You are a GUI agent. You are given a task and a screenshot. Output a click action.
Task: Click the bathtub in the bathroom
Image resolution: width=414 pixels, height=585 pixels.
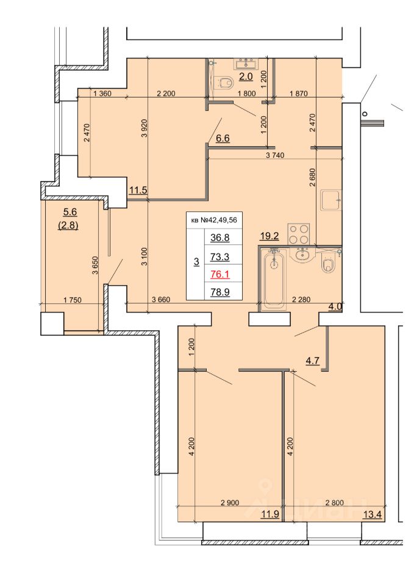coord(274,279)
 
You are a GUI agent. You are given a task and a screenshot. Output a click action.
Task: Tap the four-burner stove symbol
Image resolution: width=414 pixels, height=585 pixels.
coord(299,233)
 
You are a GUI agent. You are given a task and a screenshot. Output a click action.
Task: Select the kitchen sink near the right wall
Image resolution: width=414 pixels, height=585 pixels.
coord(331,200)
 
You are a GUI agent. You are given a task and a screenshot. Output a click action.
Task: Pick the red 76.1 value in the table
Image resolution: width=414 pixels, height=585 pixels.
coord(220,275)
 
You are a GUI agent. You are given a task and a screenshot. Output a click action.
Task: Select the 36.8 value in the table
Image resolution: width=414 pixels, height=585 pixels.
coord(220,238)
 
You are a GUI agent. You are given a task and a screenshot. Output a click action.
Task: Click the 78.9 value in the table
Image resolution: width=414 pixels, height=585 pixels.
coord(220,292)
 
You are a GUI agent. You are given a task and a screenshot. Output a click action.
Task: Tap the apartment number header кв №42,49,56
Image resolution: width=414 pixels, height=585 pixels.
coord(214,220)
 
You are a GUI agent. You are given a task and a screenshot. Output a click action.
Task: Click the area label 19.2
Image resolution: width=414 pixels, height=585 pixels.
coord(269,236)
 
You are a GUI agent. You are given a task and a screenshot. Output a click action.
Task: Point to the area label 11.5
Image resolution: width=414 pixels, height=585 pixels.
coord(138,190)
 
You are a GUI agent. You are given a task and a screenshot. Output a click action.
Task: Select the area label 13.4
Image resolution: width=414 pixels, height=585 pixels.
coord(373,516)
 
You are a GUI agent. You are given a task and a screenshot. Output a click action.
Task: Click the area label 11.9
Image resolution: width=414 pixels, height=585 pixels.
coord(270,515)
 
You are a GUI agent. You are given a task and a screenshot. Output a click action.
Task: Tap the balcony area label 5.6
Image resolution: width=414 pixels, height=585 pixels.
coord(70,212)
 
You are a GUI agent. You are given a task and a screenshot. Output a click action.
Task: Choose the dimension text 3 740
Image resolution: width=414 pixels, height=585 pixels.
coord(275,155)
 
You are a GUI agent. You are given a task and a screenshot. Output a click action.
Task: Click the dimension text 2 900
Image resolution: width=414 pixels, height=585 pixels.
coord(230,503)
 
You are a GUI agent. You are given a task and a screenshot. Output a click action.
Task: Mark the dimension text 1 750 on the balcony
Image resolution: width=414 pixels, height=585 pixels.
coord(73,300)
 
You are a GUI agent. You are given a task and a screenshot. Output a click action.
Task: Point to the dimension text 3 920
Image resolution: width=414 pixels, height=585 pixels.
coord(145,128)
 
